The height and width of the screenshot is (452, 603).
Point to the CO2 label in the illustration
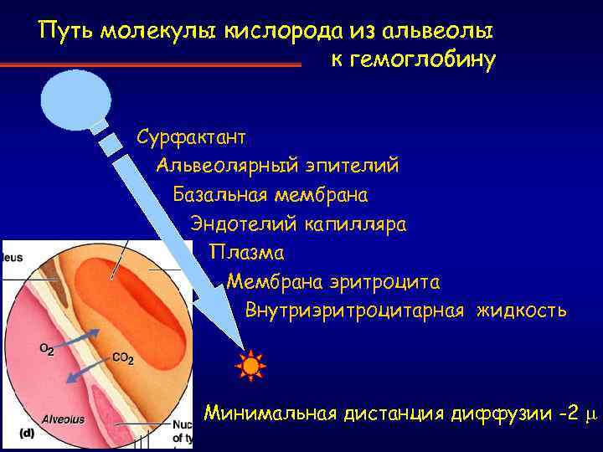[122, 358]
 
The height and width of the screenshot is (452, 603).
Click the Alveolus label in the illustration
[64, 419]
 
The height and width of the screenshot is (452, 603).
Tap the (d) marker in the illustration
[26, 434]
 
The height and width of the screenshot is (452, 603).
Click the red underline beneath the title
[151, 64]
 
